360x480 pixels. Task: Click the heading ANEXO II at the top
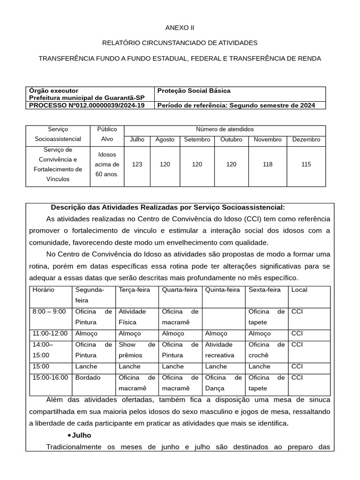coord(180,28)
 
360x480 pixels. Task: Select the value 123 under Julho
coord(137,165)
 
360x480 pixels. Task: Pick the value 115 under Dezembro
coord(306,165)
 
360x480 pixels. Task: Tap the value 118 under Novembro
coord(267,165)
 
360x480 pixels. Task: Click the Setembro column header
coord(197,140)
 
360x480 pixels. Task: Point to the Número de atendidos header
coord(225,129)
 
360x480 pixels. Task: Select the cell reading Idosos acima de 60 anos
coord(107,165)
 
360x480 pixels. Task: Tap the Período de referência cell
coord(240,105)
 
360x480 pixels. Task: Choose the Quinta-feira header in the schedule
coord(222,290)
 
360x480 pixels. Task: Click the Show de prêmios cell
coord(136,350)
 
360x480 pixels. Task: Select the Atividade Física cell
coord(136,317)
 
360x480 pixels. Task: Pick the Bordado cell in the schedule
coord(85,378)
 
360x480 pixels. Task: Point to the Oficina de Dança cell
coord(223,383)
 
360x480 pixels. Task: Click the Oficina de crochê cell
coord(266,350)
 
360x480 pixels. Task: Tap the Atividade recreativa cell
coord(223,350)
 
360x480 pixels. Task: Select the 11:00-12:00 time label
coord(50,334)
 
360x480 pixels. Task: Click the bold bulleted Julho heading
coord(82,435)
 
